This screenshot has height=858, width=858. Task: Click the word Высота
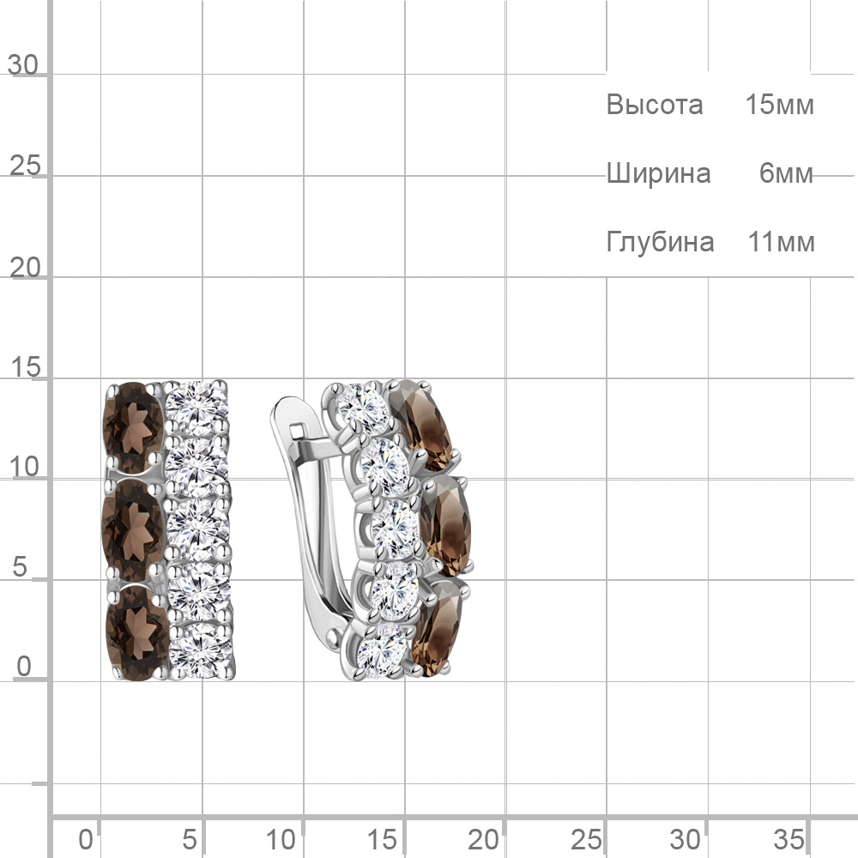[655, 105]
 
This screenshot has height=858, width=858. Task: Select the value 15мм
[780, 105]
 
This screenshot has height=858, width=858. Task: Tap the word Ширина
[658, 174]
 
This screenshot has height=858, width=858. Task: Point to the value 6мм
[786, 173]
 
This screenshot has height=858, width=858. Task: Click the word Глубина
[660, 242]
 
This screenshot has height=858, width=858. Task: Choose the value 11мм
[781, 242]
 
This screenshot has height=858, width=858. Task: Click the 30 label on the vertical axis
[23, 65]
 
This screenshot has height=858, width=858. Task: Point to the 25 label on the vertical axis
[25, 166]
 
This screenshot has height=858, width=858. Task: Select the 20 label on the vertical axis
[25, 268]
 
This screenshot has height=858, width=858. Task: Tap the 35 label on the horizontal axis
[789, 839]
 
